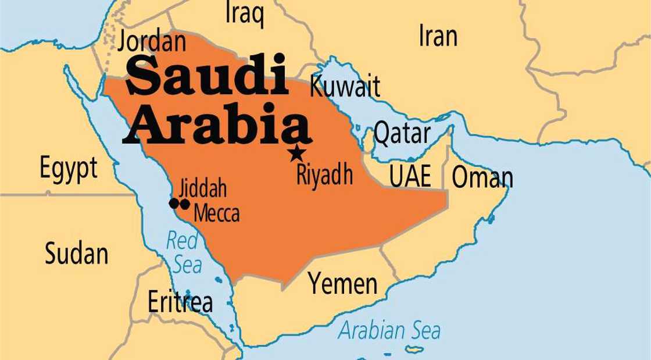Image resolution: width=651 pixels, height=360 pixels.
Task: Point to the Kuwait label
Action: click(x=345, y=87)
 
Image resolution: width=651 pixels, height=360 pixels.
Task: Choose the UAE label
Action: click(x=410, y=177)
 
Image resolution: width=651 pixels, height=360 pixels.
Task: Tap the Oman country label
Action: click(x=482, y=177)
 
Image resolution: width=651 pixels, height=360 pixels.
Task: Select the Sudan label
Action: click(x=77, y=254)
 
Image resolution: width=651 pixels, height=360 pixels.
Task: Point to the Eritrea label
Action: click(x=180, y=302)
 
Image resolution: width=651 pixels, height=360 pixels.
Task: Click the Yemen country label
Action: click(x=343, y=284)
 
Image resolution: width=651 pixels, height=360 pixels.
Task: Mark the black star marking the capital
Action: click(x=297, y=154)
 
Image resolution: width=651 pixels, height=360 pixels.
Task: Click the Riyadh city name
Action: click(x=324, y=174)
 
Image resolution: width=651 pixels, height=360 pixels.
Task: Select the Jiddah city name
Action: click(x=203, y=189)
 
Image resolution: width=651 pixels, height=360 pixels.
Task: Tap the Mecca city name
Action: click(x=216, y=213)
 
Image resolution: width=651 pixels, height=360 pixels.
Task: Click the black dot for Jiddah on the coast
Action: click(x=173, y=204)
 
